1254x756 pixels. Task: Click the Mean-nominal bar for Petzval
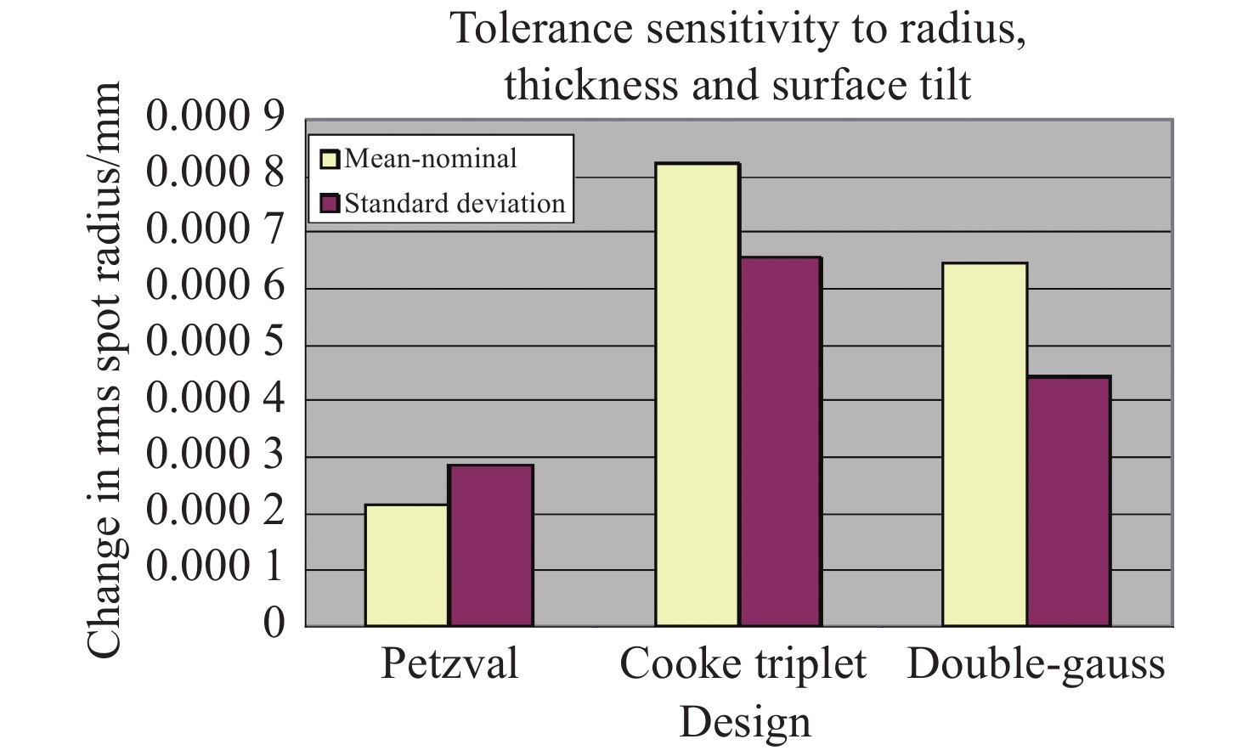(407, 566)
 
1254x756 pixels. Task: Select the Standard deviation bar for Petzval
(491, 545)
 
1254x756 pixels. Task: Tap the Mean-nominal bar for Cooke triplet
(697, 395)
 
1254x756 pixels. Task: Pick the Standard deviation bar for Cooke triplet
(779, 442)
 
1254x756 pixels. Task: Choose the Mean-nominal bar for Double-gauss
(985, 445)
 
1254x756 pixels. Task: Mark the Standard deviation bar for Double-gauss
(1068, 501)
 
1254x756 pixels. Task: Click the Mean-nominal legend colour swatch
(330, 159)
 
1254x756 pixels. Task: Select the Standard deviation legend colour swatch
(330, 204)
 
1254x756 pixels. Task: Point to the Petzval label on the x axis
(449, 663)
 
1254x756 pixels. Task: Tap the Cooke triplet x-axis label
(743, 663)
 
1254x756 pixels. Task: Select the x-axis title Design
(745, 722)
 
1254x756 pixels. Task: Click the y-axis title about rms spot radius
(105, 370)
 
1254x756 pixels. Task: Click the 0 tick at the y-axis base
(274, 623)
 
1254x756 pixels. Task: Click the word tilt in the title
(939, 84)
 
